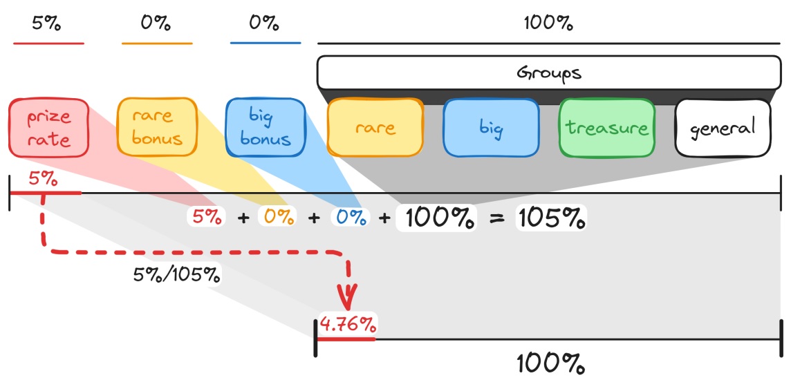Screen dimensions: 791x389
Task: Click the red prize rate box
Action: pos(49,127)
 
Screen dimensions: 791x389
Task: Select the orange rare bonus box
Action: pos(157,126)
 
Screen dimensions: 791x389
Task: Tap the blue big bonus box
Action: pos(266,127)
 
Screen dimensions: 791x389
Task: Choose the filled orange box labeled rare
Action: pos(375,127)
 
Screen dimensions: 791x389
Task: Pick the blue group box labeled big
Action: pos(491,128)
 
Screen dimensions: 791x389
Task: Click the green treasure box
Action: pos(607,128)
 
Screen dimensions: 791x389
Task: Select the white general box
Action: pos(723,128)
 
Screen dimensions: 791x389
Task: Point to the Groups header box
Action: pos(549,72)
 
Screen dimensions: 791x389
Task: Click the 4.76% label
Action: pos(348,325)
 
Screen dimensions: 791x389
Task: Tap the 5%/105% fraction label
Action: pos(176,274)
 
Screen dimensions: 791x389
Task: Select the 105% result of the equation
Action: pos(551,218)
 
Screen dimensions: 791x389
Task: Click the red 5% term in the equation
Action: pos(206,217)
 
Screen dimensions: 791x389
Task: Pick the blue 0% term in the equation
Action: pos(350,217)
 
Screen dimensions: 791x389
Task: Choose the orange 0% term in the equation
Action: pos(277,217)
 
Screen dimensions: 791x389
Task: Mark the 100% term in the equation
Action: pos(436,218)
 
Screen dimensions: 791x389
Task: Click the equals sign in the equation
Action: pos(497,219)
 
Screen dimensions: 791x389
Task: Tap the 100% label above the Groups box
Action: pos(548,23)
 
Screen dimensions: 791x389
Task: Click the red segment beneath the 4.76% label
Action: pos(346,339)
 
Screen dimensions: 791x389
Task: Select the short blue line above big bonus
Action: pos(266,43)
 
